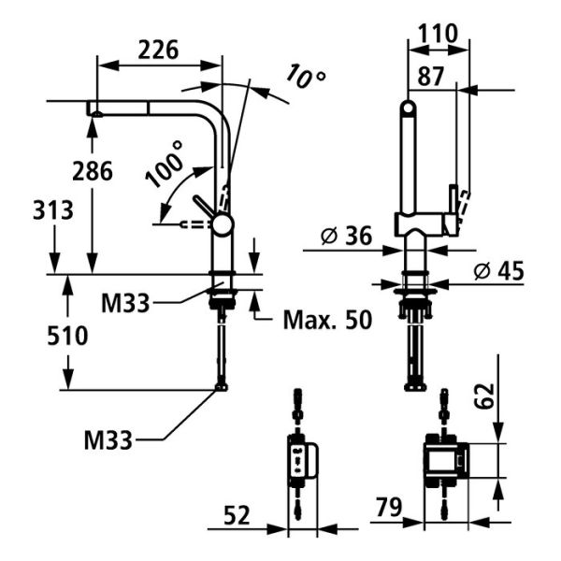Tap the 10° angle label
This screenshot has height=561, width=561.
pos(306,76)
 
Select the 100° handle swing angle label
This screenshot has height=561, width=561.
pos(164,165)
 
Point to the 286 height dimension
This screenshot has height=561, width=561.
pos(93,171)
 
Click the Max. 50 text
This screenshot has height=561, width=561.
pos(326,321)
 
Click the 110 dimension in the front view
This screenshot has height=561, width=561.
pos(437,34)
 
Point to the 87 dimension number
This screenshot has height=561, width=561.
pos(432,79)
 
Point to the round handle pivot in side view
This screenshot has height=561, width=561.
pos(222,223)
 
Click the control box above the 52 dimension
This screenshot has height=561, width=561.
pos(300,458)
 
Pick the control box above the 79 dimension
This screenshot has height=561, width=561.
pos(445,459)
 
